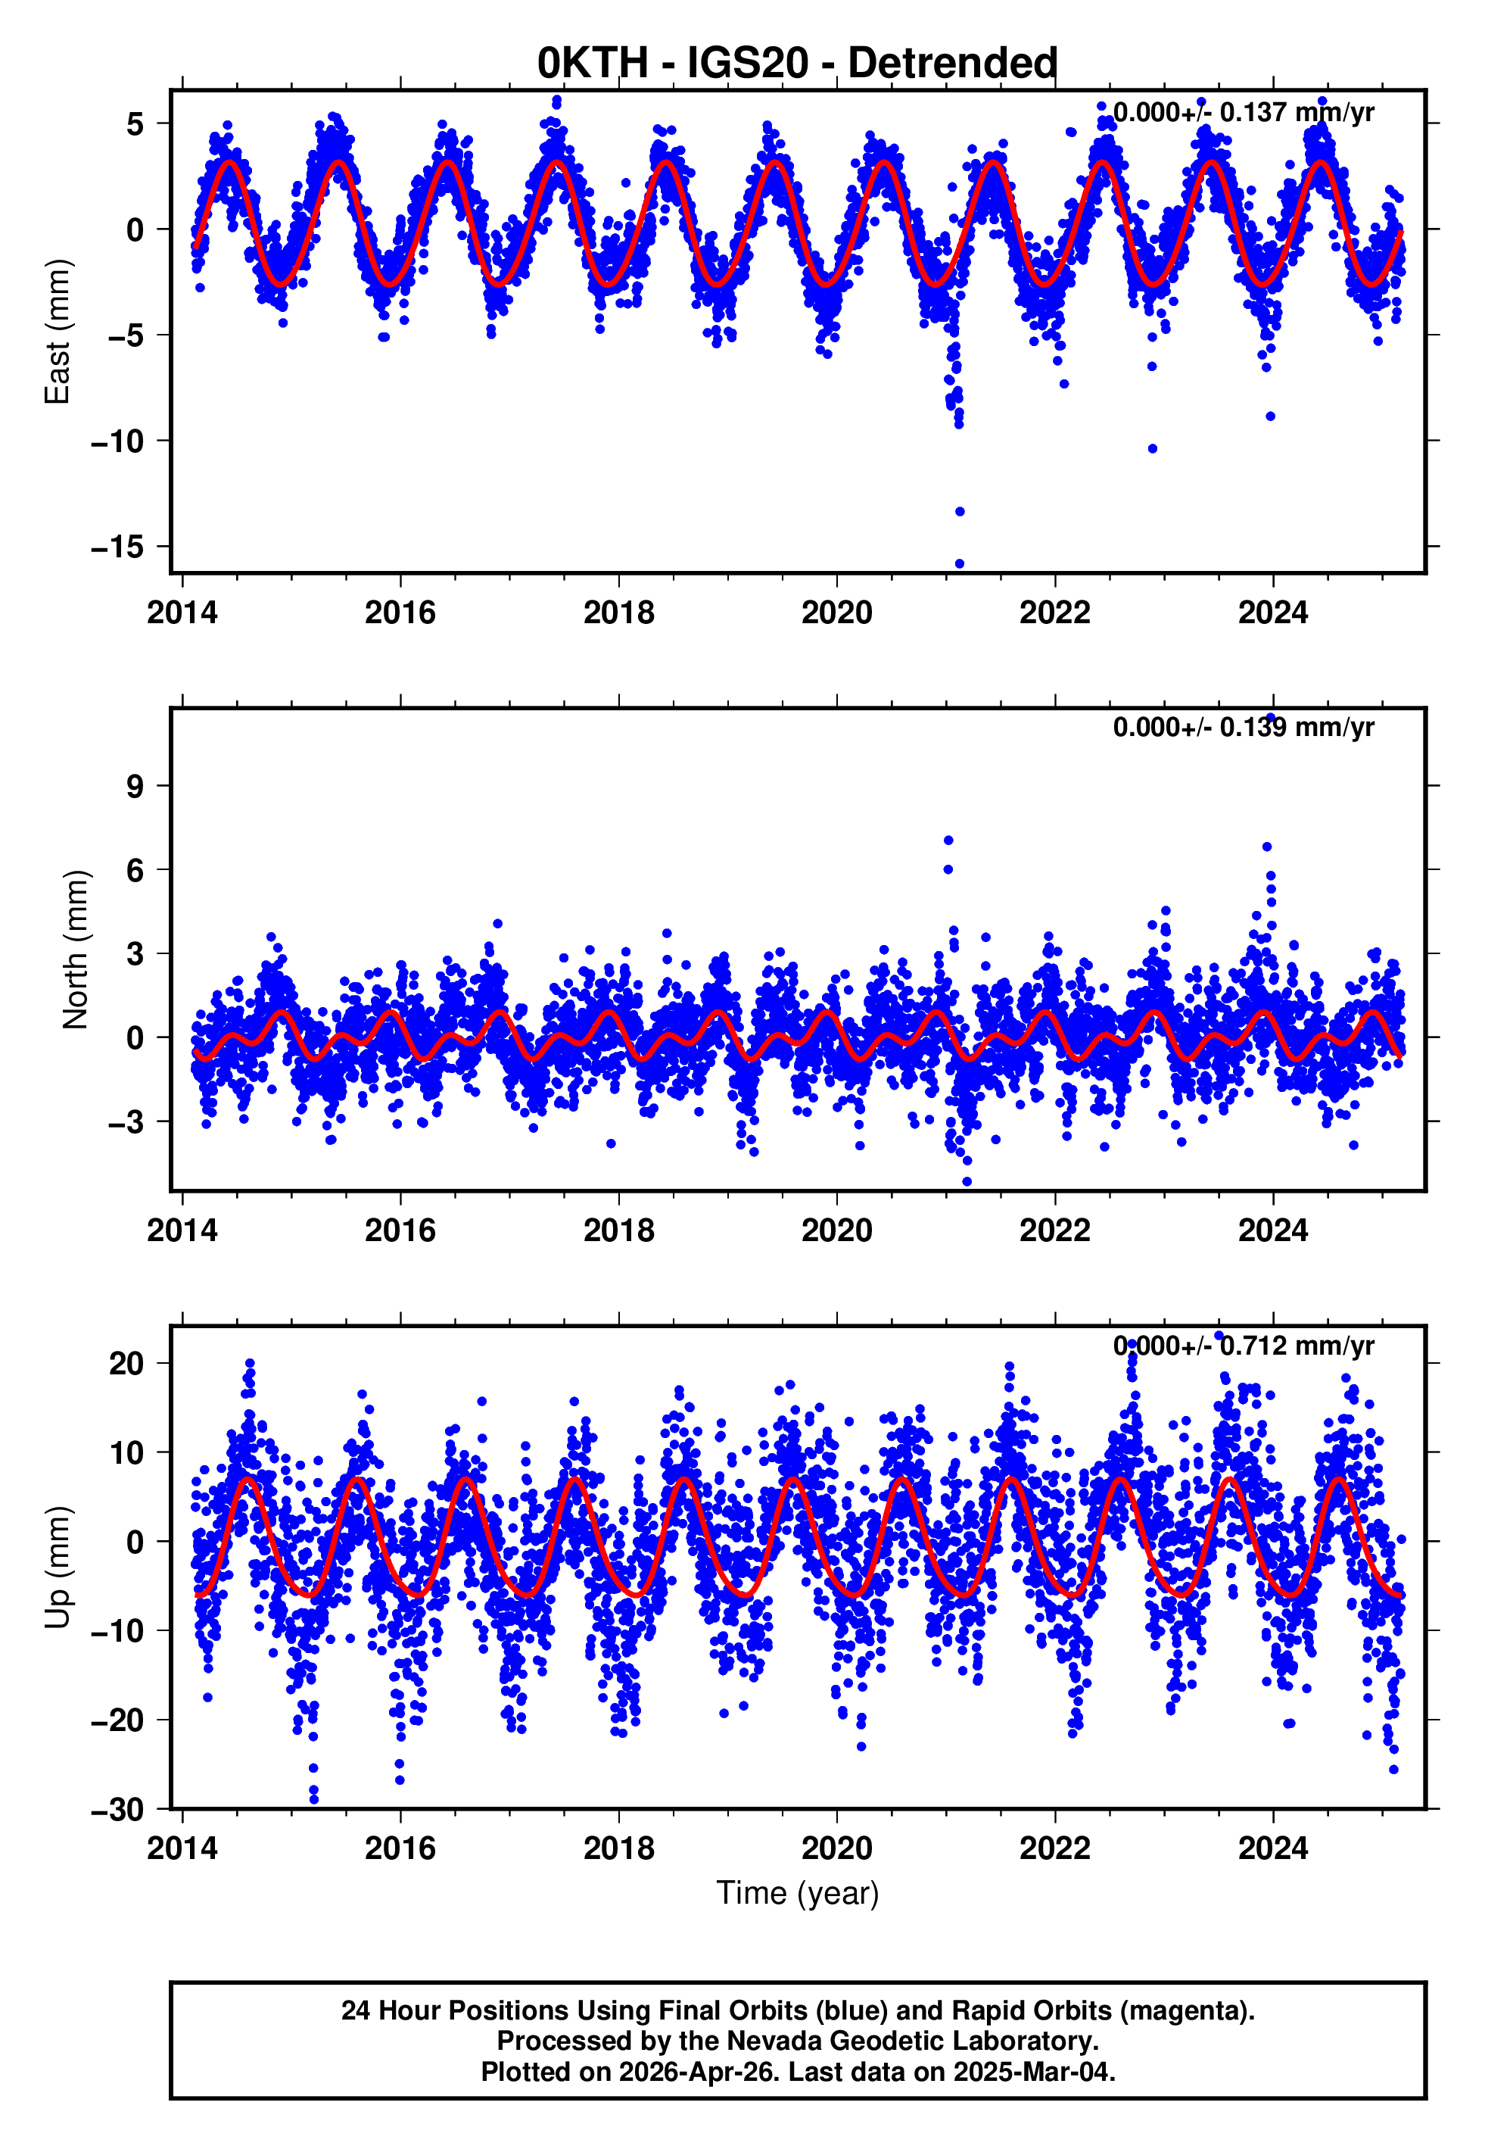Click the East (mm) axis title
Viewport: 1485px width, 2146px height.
click(x=58, y=332)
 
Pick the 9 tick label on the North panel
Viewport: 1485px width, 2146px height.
click(x=135, y=786)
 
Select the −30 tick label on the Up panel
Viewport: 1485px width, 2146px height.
click(x=117, y=1809)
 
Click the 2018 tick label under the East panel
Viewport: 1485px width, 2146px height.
click(x=619, y=613)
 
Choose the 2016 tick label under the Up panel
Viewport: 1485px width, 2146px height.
click(x=400, y=1848)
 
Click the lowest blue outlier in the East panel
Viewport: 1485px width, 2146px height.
click(x=959, y=564)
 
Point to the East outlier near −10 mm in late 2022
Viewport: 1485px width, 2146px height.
click(x=1152, y=448)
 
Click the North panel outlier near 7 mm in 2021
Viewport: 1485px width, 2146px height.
click(x=948, y=841)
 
